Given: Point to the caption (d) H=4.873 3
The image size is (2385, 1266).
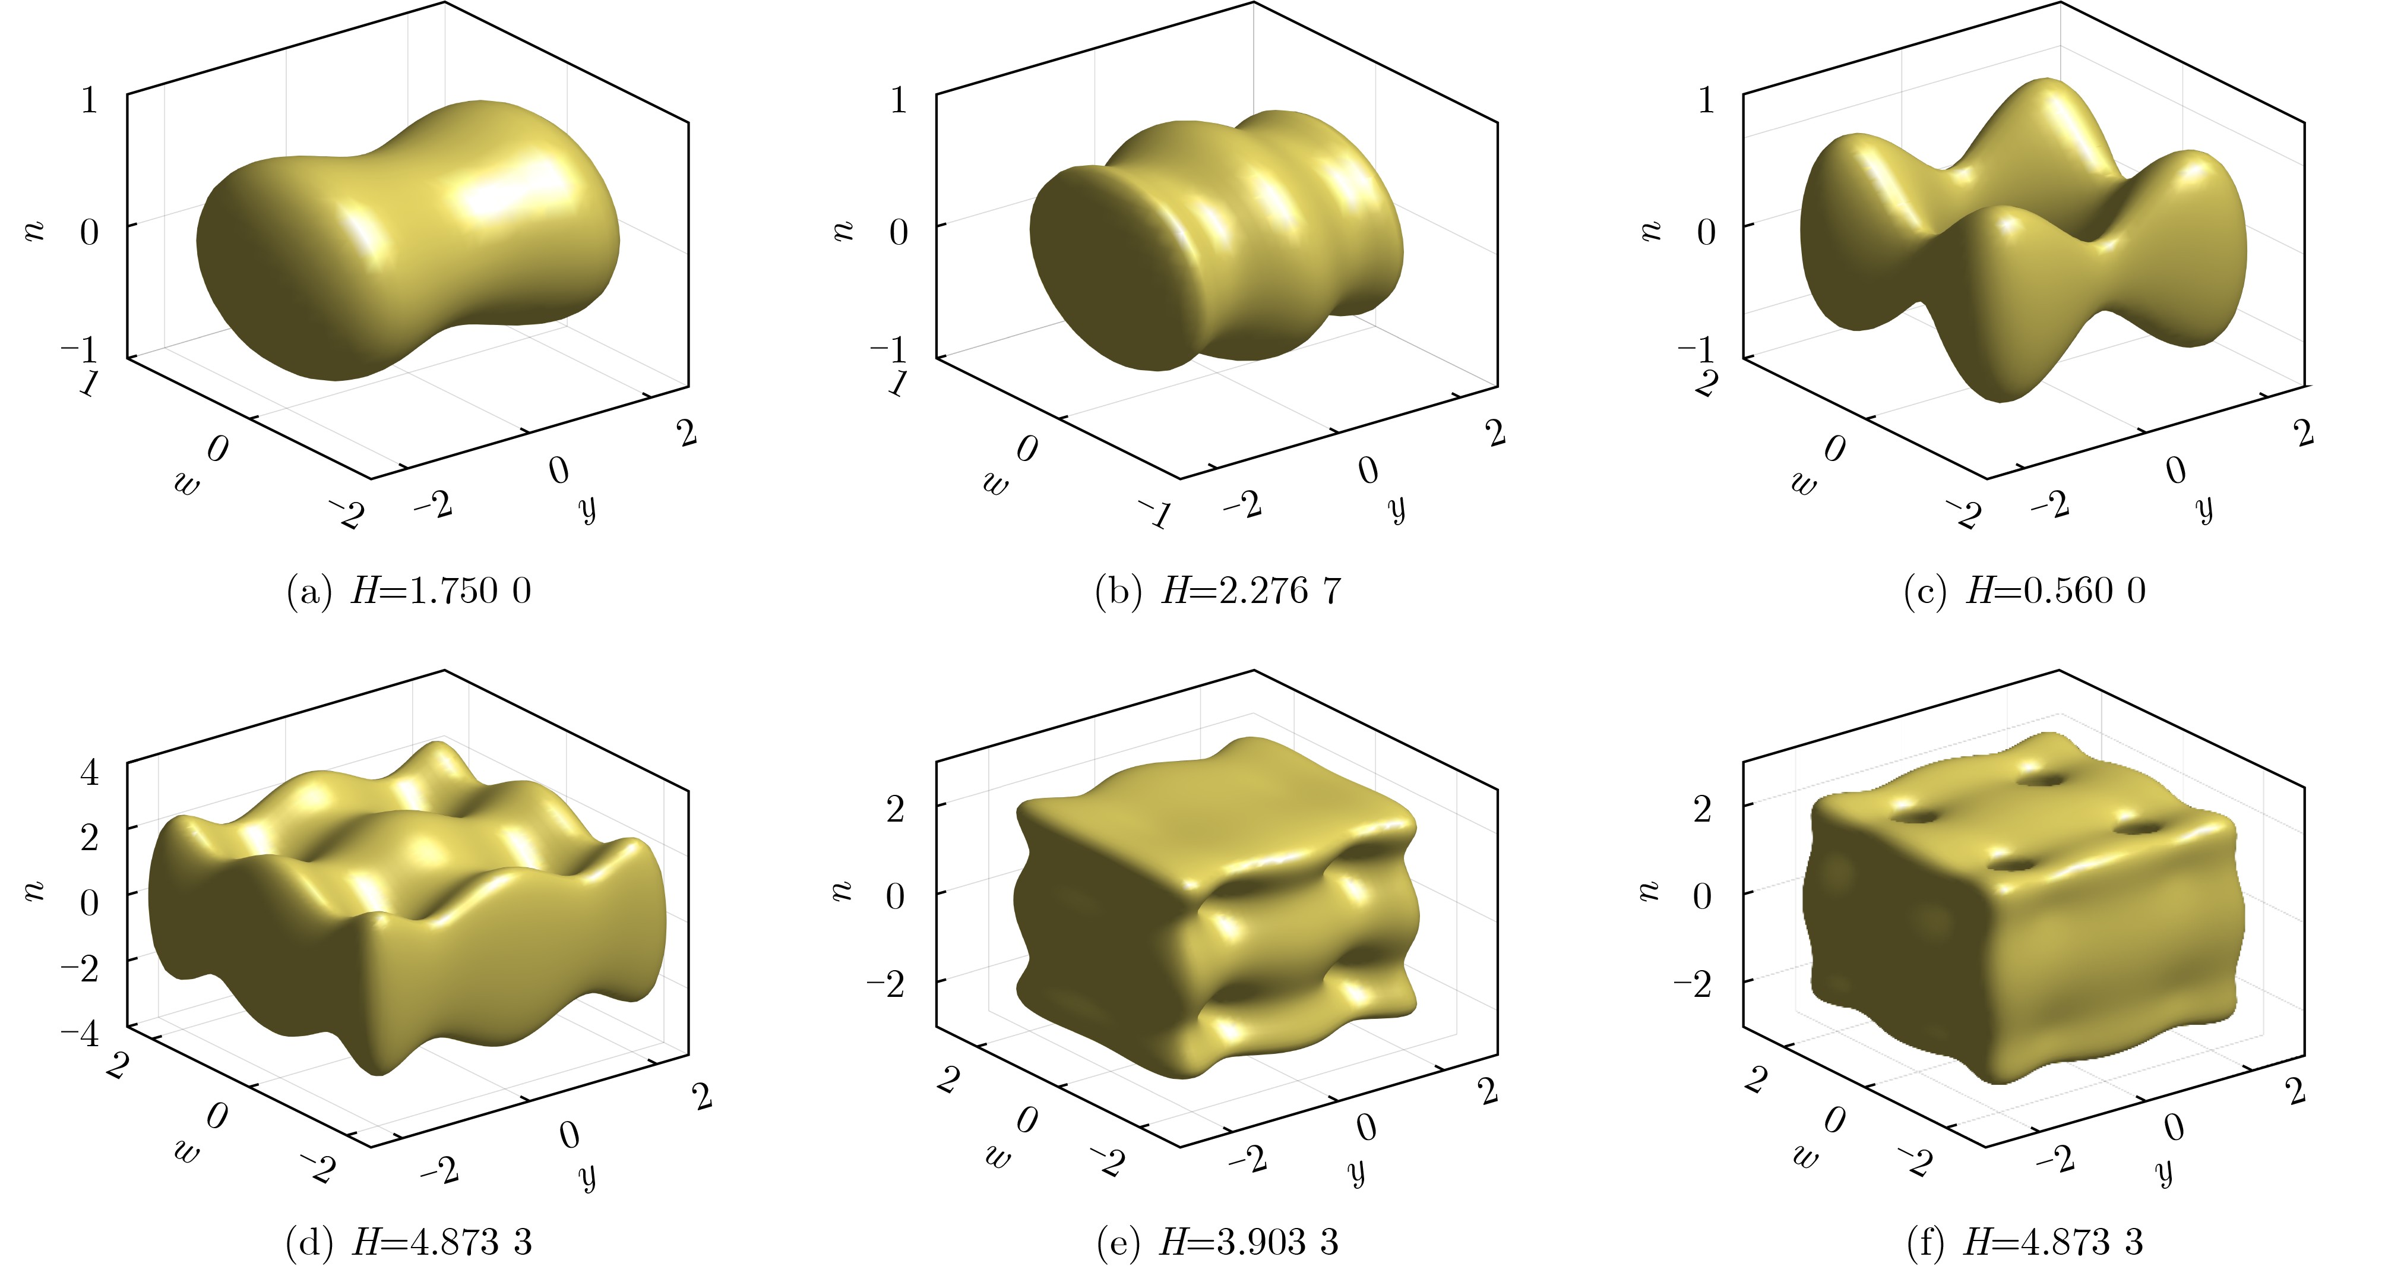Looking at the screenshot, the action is pyautogui.click(x=409, y=1242).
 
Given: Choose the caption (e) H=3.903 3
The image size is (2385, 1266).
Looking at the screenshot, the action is pyautogui.click(x=1217, y=1242).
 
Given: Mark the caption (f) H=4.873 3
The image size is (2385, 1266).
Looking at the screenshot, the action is pyautogui.click(x=2025, y=1242).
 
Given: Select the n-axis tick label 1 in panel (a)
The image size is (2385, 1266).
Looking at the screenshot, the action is pyautogui.click(x=89, y=99).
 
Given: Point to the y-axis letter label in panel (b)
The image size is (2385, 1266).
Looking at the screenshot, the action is pyautogui.click(x=1397, y=509).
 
